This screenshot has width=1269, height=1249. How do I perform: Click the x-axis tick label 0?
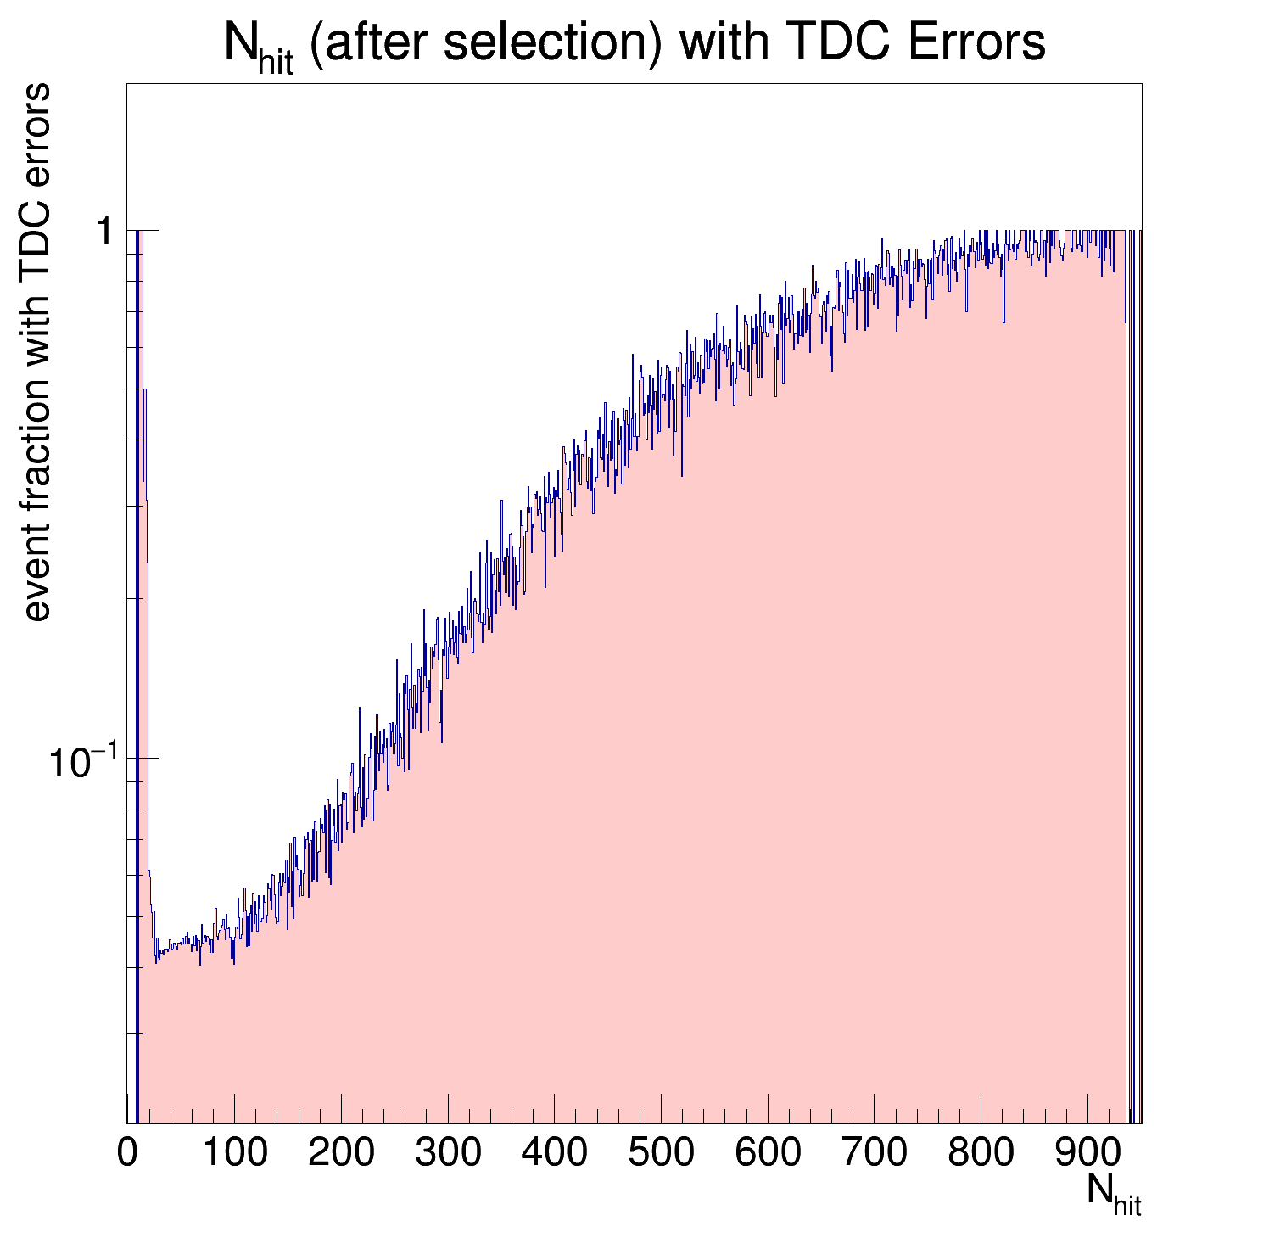coord(127,1154)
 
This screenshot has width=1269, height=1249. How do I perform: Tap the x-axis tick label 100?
coord(235,1154)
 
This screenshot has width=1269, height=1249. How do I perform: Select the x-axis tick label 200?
coord(341,1154)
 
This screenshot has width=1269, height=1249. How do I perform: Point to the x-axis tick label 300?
coord(448,1154)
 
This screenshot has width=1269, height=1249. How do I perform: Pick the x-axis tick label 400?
coord(554,1154)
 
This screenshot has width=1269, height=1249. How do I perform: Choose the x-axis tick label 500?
coord(661,1154)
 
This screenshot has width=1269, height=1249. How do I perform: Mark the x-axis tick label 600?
coord(768,1154)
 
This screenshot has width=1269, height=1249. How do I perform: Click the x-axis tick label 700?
coord(874,1154)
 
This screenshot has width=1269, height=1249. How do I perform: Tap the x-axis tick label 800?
coord(981,1154)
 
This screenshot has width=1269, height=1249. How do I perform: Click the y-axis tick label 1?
coord(105,231)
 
